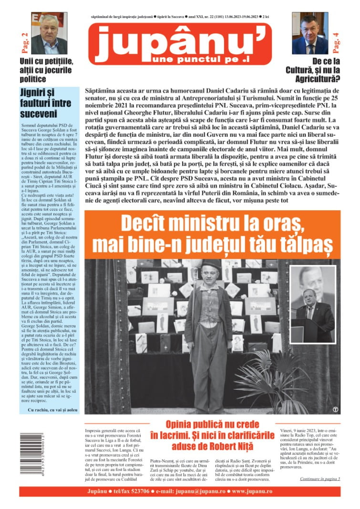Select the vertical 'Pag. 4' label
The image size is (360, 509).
[336, 41]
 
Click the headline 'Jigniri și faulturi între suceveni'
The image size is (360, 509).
[46, 103]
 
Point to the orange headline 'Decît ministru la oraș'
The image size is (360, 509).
[212, 234]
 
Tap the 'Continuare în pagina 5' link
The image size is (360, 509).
[320, 478]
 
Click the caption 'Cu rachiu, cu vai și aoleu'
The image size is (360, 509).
[50, 409]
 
